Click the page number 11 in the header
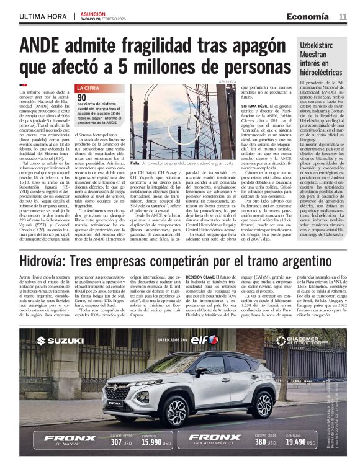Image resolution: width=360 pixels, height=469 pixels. click(343, 16)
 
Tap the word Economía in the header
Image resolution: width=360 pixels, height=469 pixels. click(312, 16)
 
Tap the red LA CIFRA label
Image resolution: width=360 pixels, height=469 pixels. click(88, 89)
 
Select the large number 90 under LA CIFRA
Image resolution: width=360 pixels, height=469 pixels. click(82, 97)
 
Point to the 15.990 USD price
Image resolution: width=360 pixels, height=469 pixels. click(155, 443)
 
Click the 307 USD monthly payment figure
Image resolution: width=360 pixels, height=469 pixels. click(122, 443)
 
